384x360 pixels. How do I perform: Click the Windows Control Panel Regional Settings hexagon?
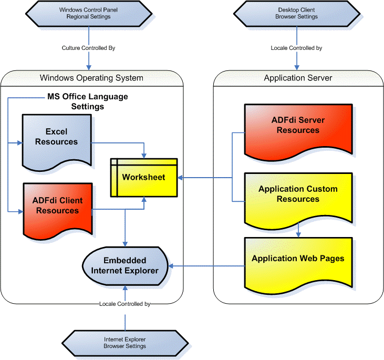pos(88,13)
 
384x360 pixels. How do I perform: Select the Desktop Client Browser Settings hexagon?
pos(296,13)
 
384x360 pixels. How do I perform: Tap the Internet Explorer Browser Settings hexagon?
pos(124,343)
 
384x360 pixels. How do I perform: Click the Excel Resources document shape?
pos(57,138)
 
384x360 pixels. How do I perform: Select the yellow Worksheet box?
pos(143,178)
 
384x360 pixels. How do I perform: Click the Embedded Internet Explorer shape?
pos(125,265)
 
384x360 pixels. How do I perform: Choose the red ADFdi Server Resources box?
pos(298,126)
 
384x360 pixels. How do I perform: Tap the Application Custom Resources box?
pos(298,195)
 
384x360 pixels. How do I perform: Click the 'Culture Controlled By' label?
pos(88,48)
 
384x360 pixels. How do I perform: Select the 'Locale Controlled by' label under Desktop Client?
pos(296,48)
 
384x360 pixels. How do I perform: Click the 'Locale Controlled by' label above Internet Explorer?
pos(125,304)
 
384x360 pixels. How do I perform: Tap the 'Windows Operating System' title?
pos(91,78)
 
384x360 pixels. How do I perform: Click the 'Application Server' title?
pos(298,78)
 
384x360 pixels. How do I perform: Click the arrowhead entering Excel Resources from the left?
pos(19,142)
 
